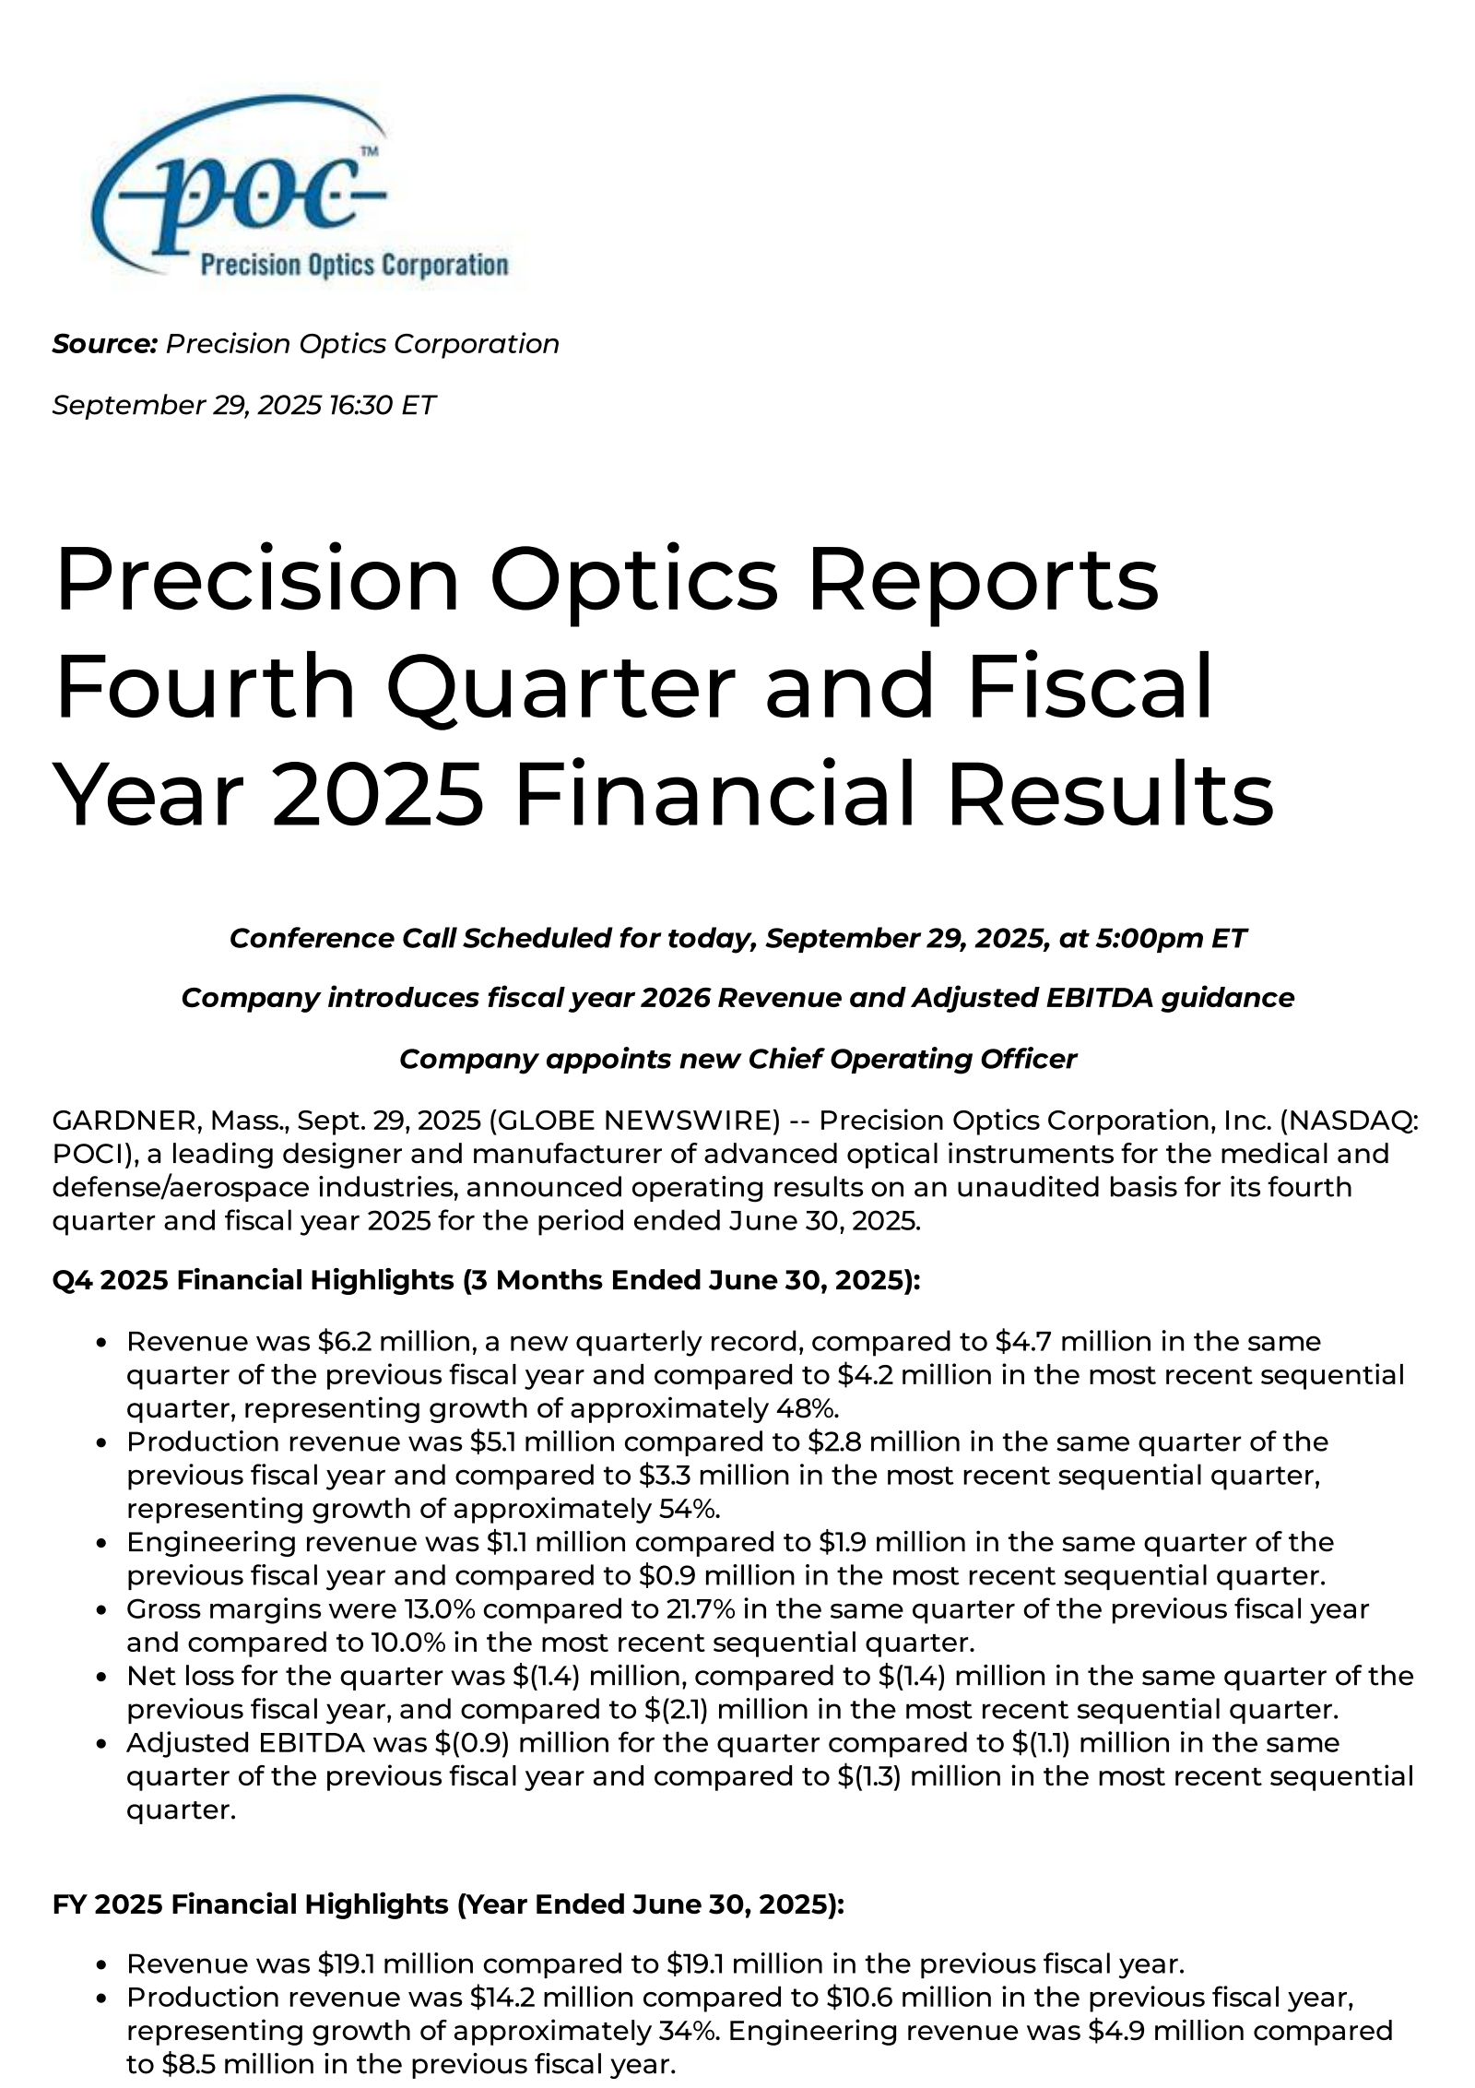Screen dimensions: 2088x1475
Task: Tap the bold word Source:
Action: pyautogui.click(x=105, y=344)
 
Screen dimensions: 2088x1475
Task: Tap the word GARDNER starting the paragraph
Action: pyautogui.click(x=124, y=1121)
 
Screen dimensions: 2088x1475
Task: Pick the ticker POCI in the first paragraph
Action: pyautogui.click(x=86, y=1154)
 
